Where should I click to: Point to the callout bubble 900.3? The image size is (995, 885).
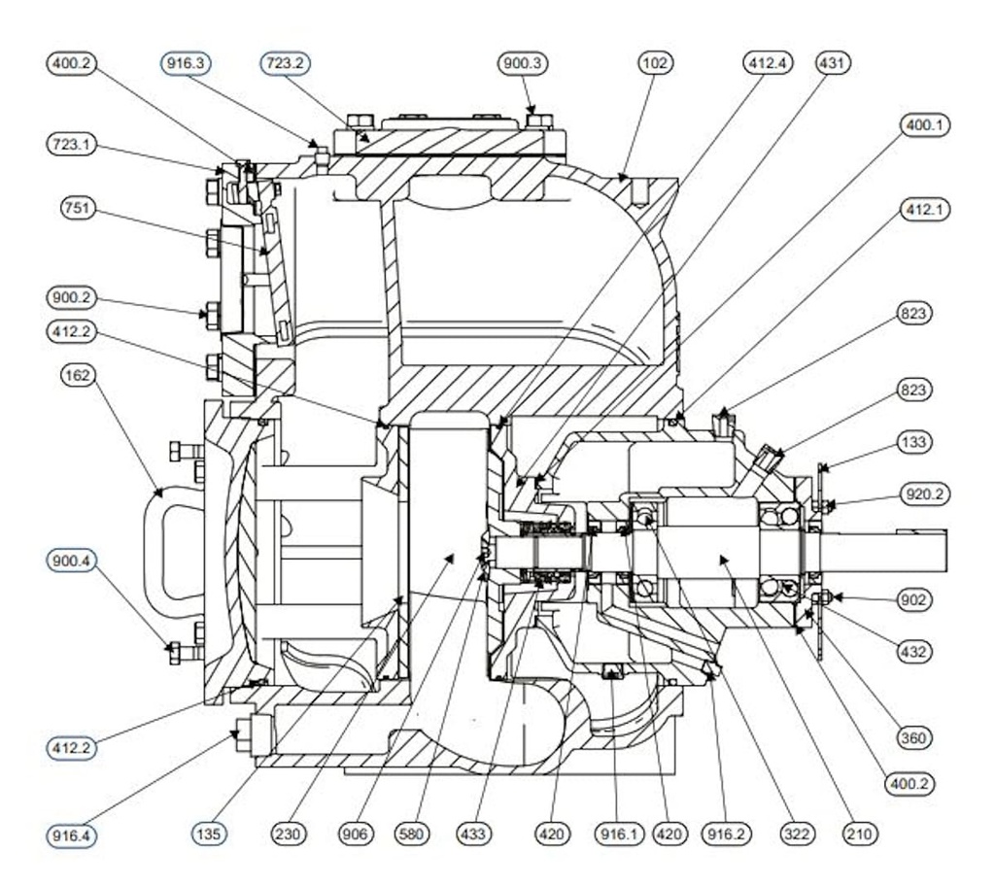tap(525, 63)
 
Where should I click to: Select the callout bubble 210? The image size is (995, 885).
tap(859, 834)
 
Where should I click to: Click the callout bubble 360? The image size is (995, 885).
tap(914, 738)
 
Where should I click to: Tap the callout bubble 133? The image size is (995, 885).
tap(914, 443)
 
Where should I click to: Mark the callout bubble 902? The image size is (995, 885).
tap(914, 599)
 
